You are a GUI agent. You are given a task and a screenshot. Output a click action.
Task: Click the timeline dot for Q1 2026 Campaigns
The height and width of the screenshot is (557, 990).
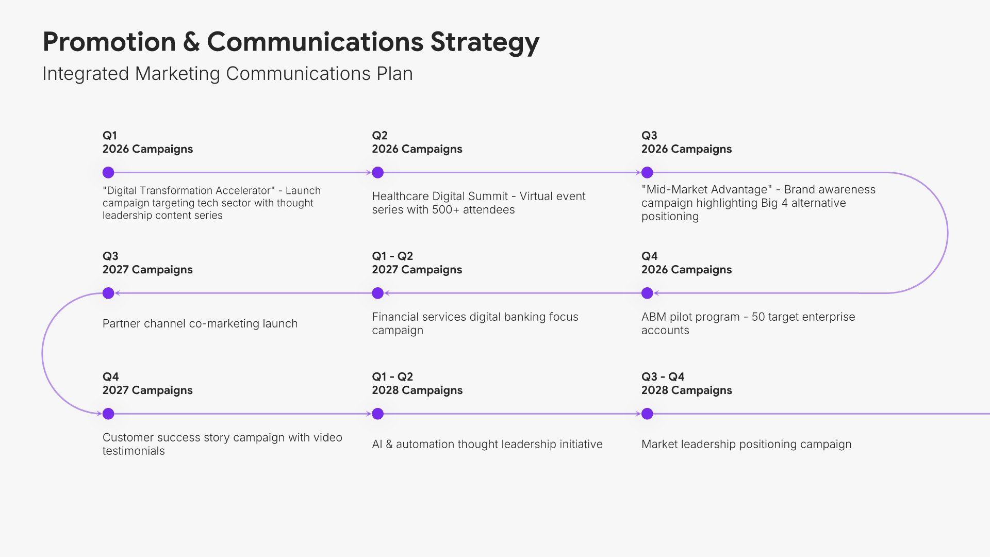(108, 172)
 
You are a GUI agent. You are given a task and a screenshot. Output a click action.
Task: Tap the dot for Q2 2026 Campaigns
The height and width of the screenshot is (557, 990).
(378, 172)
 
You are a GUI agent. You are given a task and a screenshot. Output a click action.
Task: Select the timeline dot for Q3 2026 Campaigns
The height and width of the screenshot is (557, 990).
(647, 172)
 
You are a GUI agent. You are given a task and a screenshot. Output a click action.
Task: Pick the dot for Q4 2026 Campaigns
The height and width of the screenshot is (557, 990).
(647, 293)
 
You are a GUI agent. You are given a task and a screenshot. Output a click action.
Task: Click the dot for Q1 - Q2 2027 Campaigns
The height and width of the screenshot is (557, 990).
(378, 293)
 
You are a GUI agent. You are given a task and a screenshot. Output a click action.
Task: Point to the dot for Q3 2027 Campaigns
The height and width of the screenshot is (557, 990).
(108, 293)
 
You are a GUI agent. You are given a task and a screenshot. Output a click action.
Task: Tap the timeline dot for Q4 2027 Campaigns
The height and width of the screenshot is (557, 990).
(108, 414)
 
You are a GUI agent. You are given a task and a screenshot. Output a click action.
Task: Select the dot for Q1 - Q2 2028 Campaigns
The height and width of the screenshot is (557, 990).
(378, 414)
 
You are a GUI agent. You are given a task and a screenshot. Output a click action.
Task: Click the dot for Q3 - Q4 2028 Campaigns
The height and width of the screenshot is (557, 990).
(647, 414)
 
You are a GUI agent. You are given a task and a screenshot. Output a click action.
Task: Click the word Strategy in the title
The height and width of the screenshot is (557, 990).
(485, 43)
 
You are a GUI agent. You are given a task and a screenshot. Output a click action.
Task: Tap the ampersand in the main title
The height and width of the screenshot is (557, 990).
(191, 42)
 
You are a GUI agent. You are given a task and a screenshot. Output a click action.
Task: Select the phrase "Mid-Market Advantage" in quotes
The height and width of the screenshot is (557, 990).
(707, 189)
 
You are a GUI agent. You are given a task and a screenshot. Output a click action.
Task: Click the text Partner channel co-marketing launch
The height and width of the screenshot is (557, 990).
(200, 323)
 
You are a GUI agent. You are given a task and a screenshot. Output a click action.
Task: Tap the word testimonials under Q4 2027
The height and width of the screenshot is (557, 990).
(134, 451)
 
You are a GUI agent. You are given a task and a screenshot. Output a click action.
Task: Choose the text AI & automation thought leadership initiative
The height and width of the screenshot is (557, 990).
(487, 444)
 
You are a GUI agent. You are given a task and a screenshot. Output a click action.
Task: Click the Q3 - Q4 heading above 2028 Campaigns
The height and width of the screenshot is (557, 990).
(663, 377)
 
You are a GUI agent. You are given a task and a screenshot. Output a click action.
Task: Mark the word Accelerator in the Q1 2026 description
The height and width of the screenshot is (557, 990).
(245, 191)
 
